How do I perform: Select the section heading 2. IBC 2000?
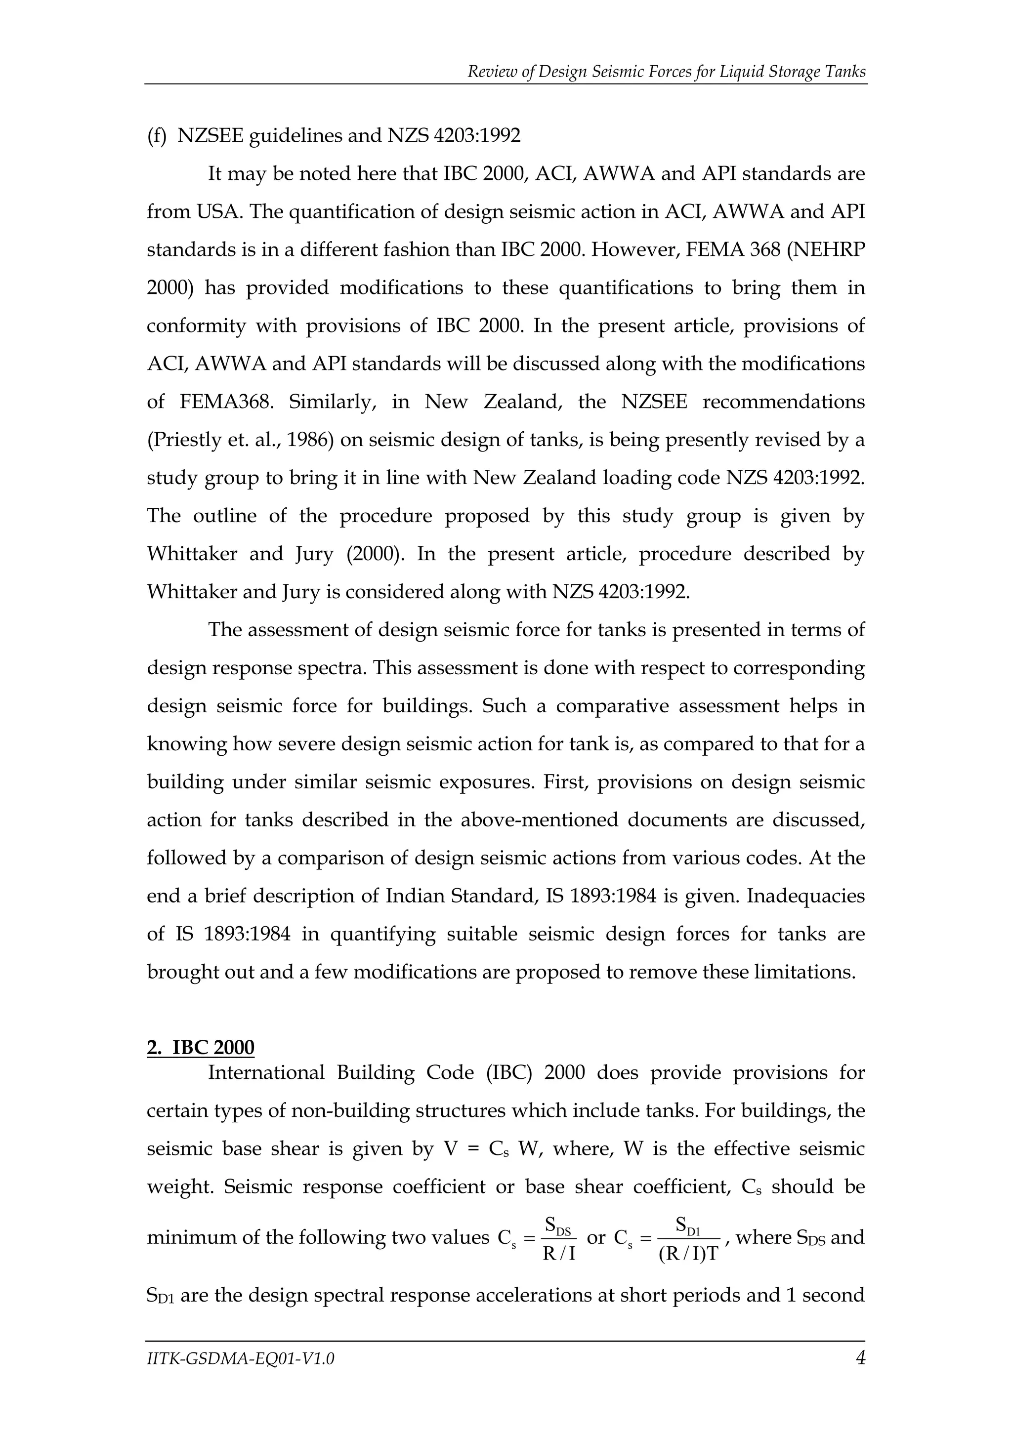pyautogui.click(x=201, y=1048)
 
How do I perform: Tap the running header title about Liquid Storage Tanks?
pyautogui.click(x=667, y=72)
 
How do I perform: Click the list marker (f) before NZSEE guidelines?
pyautogui.click(x=157, y=136)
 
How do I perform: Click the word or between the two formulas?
pyautogui.click(x=596, y=1237)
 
